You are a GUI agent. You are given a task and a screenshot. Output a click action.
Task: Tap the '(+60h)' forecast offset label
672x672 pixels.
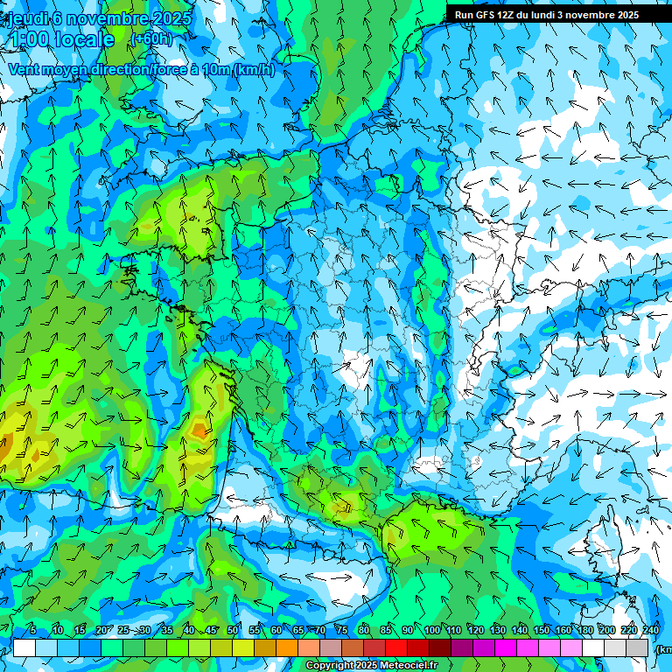151,38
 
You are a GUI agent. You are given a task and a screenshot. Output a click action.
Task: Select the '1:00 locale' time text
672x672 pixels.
61,39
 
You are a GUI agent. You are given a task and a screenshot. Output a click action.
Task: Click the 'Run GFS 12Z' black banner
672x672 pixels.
547,15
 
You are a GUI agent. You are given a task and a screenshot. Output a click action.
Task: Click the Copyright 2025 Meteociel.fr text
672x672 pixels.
371,666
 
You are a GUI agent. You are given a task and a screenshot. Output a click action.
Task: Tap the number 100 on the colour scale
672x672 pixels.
431,631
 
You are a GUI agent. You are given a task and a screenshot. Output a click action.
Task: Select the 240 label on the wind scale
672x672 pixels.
650,631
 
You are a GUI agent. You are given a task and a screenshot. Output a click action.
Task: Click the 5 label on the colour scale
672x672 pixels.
33,631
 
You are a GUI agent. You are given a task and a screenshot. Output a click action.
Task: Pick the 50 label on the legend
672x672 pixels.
233,631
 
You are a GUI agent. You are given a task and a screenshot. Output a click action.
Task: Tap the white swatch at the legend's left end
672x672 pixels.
24,648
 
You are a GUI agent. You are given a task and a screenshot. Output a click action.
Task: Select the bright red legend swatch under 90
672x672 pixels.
396,648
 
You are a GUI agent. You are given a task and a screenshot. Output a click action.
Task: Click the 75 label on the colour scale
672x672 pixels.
342,631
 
